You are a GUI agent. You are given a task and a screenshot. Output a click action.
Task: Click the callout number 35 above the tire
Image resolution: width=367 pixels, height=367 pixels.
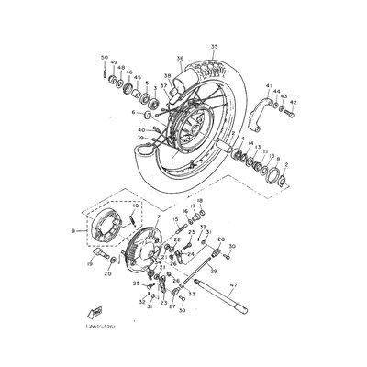(x=214, y=46)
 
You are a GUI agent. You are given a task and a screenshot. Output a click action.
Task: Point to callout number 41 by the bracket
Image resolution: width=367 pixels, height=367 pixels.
(x=269, y=86)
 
